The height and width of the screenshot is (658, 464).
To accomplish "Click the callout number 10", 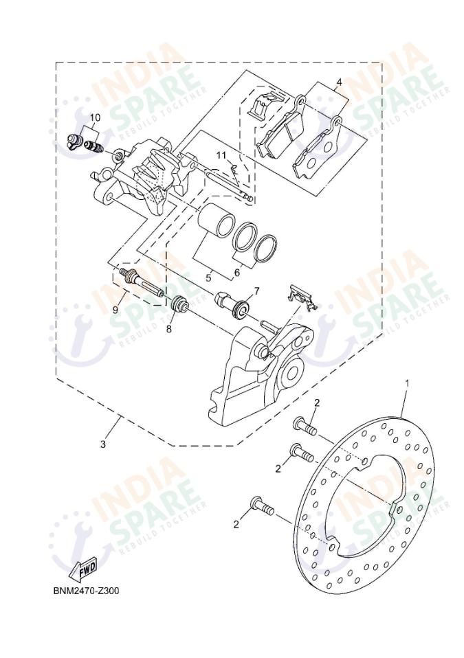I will [95, 117].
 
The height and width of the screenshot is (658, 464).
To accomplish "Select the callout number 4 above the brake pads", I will [339, 82].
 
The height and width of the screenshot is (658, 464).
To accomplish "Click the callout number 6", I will [236, 273].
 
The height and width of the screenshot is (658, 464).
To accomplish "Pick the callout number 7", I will [256, 291].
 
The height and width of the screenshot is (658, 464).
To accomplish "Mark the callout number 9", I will [115, 309].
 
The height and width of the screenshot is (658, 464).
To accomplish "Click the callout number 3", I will [103, 444].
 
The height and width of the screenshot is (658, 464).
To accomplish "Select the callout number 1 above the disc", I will [407, 382].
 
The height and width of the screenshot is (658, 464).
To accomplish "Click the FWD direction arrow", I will [82, 569].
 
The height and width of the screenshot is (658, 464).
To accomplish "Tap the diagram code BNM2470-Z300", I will [86, 590].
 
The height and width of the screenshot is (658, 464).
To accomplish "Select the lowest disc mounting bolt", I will [261, 506].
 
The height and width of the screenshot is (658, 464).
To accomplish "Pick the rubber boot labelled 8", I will [180, 304].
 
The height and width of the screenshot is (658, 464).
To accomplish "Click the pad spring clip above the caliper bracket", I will [302, 297].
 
